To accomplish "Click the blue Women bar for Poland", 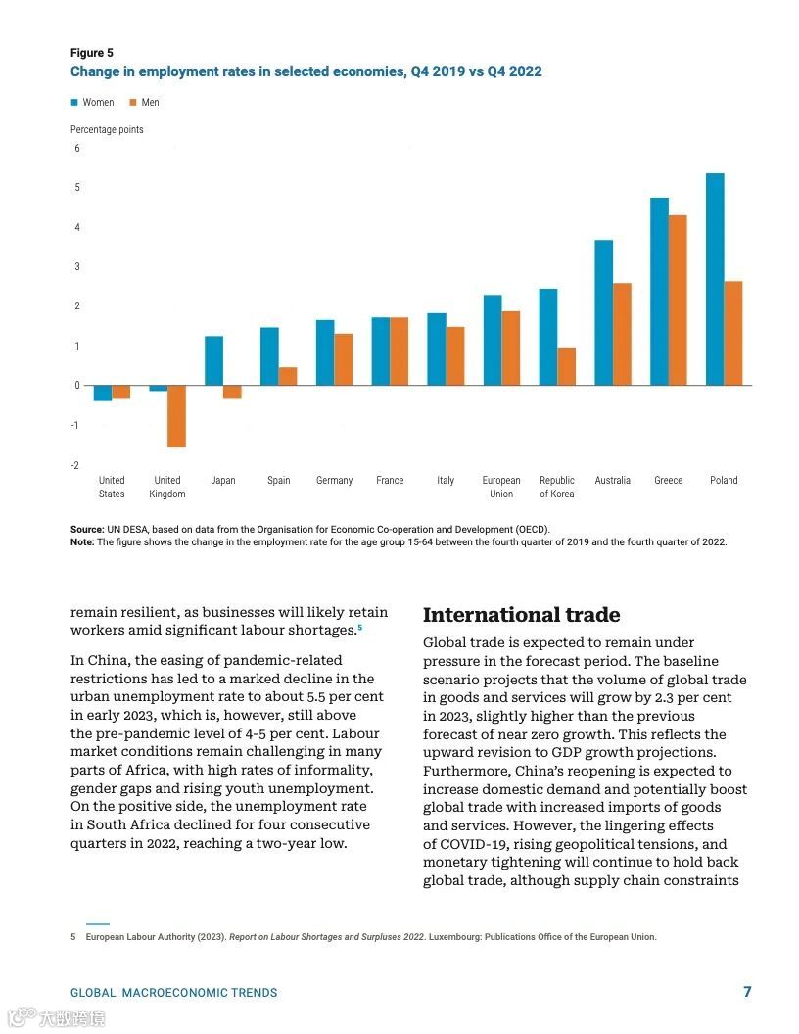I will (715, 279).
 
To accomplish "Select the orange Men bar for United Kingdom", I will (176, 416).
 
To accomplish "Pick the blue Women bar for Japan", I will (213, 360).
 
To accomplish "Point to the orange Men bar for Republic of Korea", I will (566, 366).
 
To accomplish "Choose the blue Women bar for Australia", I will (603, 312).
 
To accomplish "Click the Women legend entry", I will (92, 103).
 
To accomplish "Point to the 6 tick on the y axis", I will (77, 148).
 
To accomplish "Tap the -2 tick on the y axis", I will (76, 465).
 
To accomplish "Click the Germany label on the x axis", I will (334, 481).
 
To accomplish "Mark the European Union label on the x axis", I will (501, 487).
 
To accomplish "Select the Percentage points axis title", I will (107, 130).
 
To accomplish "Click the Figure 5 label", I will (91, 53).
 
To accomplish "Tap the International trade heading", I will (521, 615).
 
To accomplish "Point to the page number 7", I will (747, 992).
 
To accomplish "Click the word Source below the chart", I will (86, 530).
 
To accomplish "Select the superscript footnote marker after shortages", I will (359, 627).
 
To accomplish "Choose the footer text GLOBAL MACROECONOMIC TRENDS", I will (173, 993).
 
